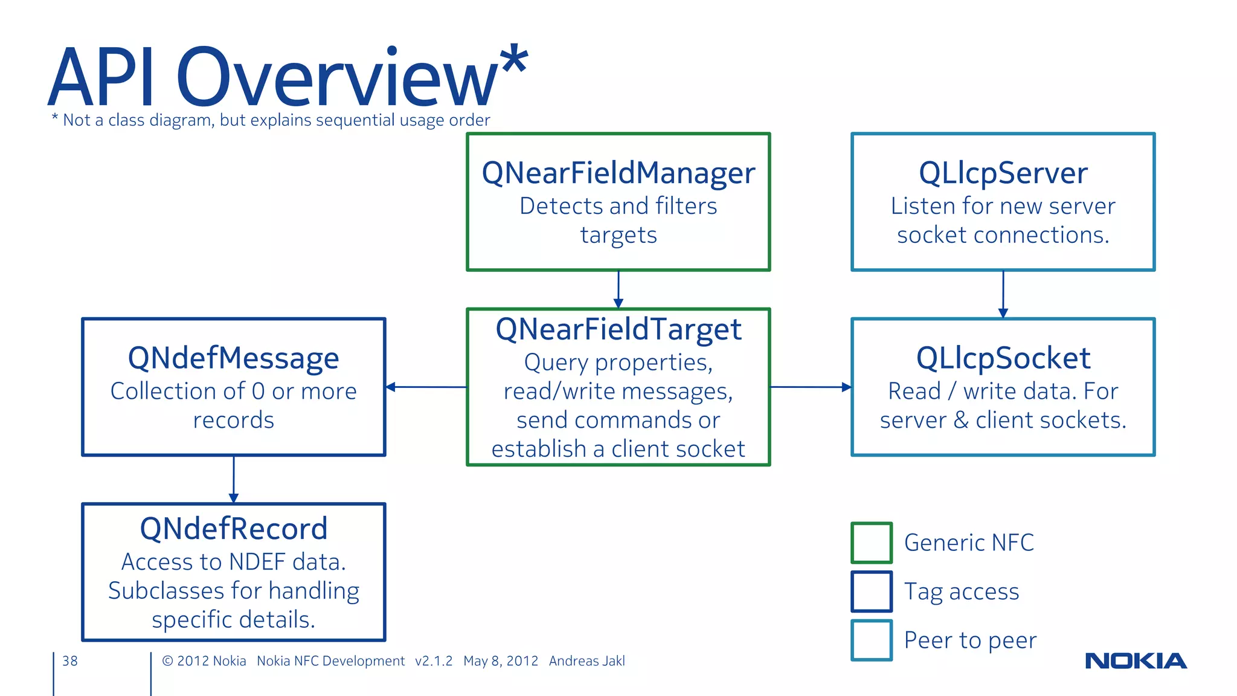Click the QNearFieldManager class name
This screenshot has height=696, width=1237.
click(618, 173)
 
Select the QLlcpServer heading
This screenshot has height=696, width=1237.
click(1003, 173)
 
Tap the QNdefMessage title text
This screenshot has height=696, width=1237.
click(233, 358)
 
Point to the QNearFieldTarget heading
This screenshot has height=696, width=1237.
click(618, 330)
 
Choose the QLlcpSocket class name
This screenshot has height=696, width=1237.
click(1003, 358)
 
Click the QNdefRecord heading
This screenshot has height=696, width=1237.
click(233, 529)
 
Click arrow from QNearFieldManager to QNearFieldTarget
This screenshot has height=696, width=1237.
click(618, 289)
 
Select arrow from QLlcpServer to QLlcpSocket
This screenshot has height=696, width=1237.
click(1003, 294)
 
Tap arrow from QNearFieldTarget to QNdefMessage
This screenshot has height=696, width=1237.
click(426, 387)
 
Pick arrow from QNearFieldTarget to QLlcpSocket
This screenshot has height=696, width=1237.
click(811, 387)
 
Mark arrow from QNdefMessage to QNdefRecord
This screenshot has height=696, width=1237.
click(234, 479)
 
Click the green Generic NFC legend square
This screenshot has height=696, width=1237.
click(871, 543)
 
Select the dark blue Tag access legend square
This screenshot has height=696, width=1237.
click(871, 591)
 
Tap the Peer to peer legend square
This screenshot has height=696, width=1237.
click(871, 640)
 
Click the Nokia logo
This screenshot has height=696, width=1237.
click(1136, 661)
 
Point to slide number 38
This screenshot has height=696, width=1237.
click(70, 661)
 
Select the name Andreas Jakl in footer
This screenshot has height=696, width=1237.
click(586, 661)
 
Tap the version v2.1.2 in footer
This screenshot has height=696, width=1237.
click(433, 661)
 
